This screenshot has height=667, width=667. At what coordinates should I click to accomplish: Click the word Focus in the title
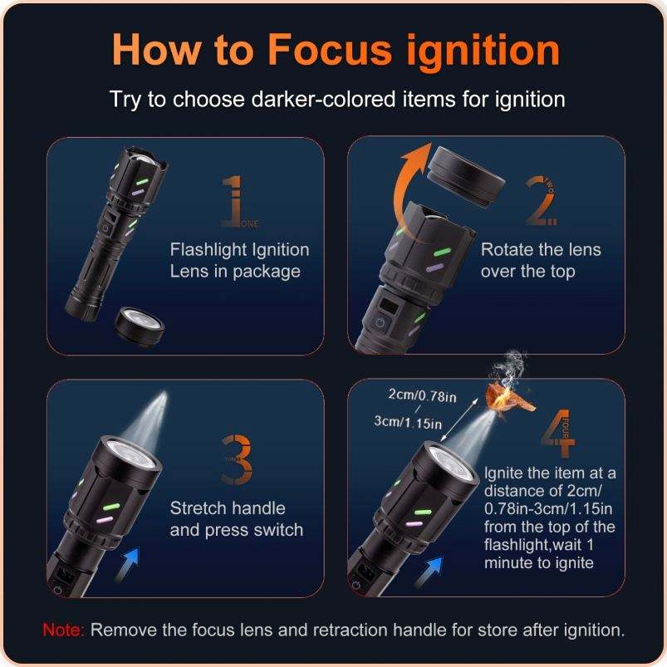click(329, 50)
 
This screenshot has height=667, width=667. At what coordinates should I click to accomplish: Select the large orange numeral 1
click(234, 201)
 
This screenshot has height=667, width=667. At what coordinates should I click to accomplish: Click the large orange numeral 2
click(539, 201)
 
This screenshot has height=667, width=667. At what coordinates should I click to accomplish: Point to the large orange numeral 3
click(237, 459)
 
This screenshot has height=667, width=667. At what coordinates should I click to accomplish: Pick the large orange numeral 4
click(558, 433)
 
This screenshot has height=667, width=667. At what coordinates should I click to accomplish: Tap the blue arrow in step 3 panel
click(128, 564)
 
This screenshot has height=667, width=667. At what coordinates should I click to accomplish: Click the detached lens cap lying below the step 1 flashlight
click(140, 326)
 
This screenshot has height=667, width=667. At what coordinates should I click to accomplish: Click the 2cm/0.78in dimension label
click(422, 395)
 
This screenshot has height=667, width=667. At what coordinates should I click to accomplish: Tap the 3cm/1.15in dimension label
click(408, 422)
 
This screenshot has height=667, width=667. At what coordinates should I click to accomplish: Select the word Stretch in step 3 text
click(198, 508)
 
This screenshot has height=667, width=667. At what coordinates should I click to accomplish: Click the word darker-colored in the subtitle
click(323, 100)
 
